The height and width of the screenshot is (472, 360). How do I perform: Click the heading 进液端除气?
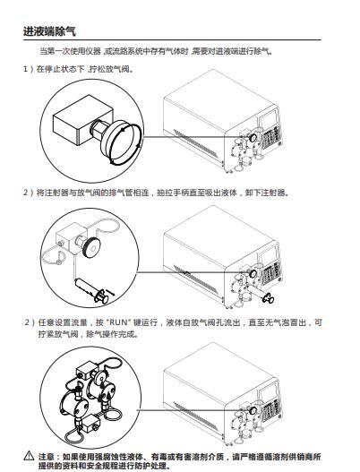[x=49, y=31]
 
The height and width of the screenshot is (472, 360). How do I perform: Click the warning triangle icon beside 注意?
[x=29, y=455]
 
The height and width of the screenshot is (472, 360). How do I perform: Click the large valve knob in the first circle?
[x=122, y=142]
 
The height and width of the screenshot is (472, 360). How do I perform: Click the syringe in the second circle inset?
[x=92, y=291]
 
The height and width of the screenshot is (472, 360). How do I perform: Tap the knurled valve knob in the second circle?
[x=91, y=247]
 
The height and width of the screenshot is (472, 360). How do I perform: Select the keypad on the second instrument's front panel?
[x=271, y=273]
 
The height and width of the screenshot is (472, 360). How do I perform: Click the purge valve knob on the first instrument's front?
[x=253, y=138]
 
